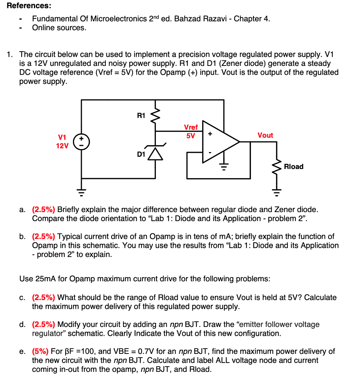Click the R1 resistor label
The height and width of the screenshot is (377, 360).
[x=141, y=116]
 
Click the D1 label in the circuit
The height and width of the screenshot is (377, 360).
[x=141, y=154]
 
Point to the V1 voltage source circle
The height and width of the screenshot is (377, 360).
[x=81, y=142]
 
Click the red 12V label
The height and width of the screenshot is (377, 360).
[x=62, y=146]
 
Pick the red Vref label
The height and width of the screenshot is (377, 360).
[x=191, y=127]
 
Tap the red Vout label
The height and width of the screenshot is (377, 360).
[x=265, y=135]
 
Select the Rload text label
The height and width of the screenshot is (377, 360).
[x=294, y=166]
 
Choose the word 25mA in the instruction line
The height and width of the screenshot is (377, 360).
[x=46, y=279]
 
